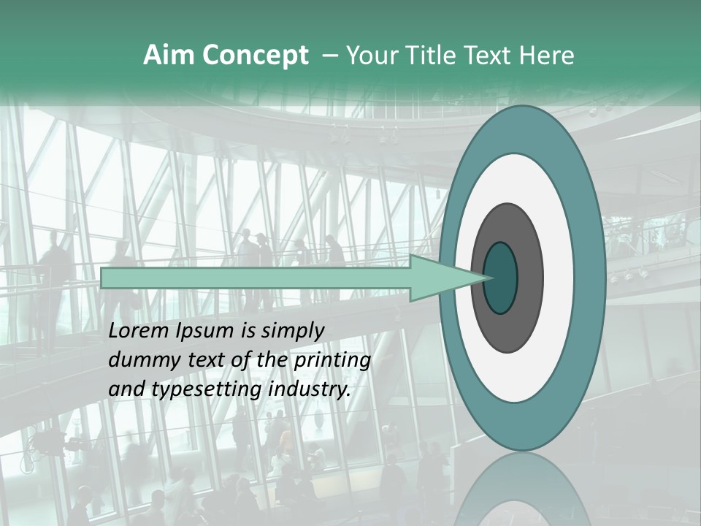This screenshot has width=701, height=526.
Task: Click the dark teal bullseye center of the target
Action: (501, 278)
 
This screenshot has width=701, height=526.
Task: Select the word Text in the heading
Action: (489, 56)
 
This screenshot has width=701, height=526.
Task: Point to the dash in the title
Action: (329, 56)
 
